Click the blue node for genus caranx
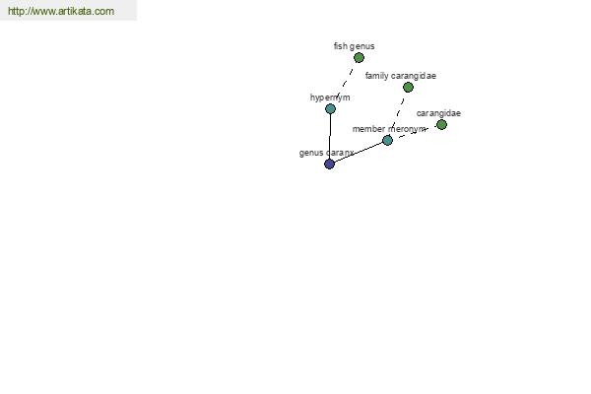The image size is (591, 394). (x=329, y=164)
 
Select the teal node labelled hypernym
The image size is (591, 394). (x=331, y=109)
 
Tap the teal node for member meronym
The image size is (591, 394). (x=387, y=140)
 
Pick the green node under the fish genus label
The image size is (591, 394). (x=359, y=58)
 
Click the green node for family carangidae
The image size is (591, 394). (x=408, y=87)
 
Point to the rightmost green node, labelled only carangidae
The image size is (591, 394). (x=441, y=124)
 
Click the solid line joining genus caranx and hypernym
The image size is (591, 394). (x=330, y=137)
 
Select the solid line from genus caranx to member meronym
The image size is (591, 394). (x=359, y=153)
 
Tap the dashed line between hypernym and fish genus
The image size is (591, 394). (x=345, y=84)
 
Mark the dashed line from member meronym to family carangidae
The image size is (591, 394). (x=398, y=114)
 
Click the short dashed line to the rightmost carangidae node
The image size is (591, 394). (x=415, y=132)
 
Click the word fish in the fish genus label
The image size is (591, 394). (x=341, y=46)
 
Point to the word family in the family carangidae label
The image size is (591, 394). (x=375, y=76)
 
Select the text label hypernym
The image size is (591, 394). (x=330, y=98)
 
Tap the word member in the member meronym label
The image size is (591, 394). (x=368, y=129)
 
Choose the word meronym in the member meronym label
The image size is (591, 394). (x=406, y=129)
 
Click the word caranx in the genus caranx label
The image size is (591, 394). (x=340, y=153)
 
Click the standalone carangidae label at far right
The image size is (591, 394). (x=438, y=113)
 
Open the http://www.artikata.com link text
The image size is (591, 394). (x=61, y=11)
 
